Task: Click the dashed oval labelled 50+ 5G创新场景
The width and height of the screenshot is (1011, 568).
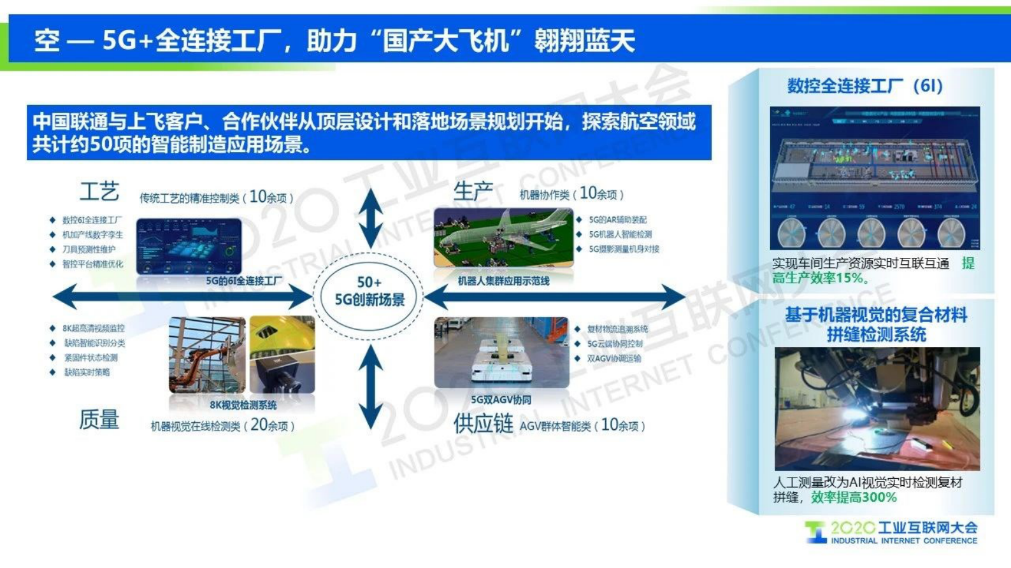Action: (369, 292)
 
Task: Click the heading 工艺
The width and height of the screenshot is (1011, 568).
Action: (99, 191)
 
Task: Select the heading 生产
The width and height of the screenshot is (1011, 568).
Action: (473, 190)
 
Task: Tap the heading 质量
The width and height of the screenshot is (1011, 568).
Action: (99, 420)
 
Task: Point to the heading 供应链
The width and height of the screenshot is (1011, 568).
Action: (483, 423)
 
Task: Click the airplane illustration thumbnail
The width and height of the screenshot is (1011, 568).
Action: (503, 237)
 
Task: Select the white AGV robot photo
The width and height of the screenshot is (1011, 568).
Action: (501, 352)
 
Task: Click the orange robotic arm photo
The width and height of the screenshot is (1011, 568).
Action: (206, 355)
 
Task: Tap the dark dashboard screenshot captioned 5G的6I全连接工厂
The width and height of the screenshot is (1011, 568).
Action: (189, 246)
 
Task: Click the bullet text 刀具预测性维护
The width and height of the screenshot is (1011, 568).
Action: (89, 250)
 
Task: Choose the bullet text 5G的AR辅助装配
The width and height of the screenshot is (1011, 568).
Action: (617, 220)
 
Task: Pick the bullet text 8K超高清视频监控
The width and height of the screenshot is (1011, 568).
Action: (93, 329)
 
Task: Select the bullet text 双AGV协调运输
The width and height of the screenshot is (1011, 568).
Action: (613, 359)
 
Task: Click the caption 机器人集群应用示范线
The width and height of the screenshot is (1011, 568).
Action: (503, 281)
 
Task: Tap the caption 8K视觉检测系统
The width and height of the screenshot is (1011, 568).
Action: (243, 405)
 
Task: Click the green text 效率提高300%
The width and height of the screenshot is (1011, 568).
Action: (854, 497)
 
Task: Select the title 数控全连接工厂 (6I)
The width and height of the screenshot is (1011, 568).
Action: (864, 86)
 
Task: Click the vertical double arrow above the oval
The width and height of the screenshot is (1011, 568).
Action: (370, 218)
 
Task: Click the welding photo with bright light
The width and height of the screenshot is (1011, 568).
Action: (877, 408)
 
